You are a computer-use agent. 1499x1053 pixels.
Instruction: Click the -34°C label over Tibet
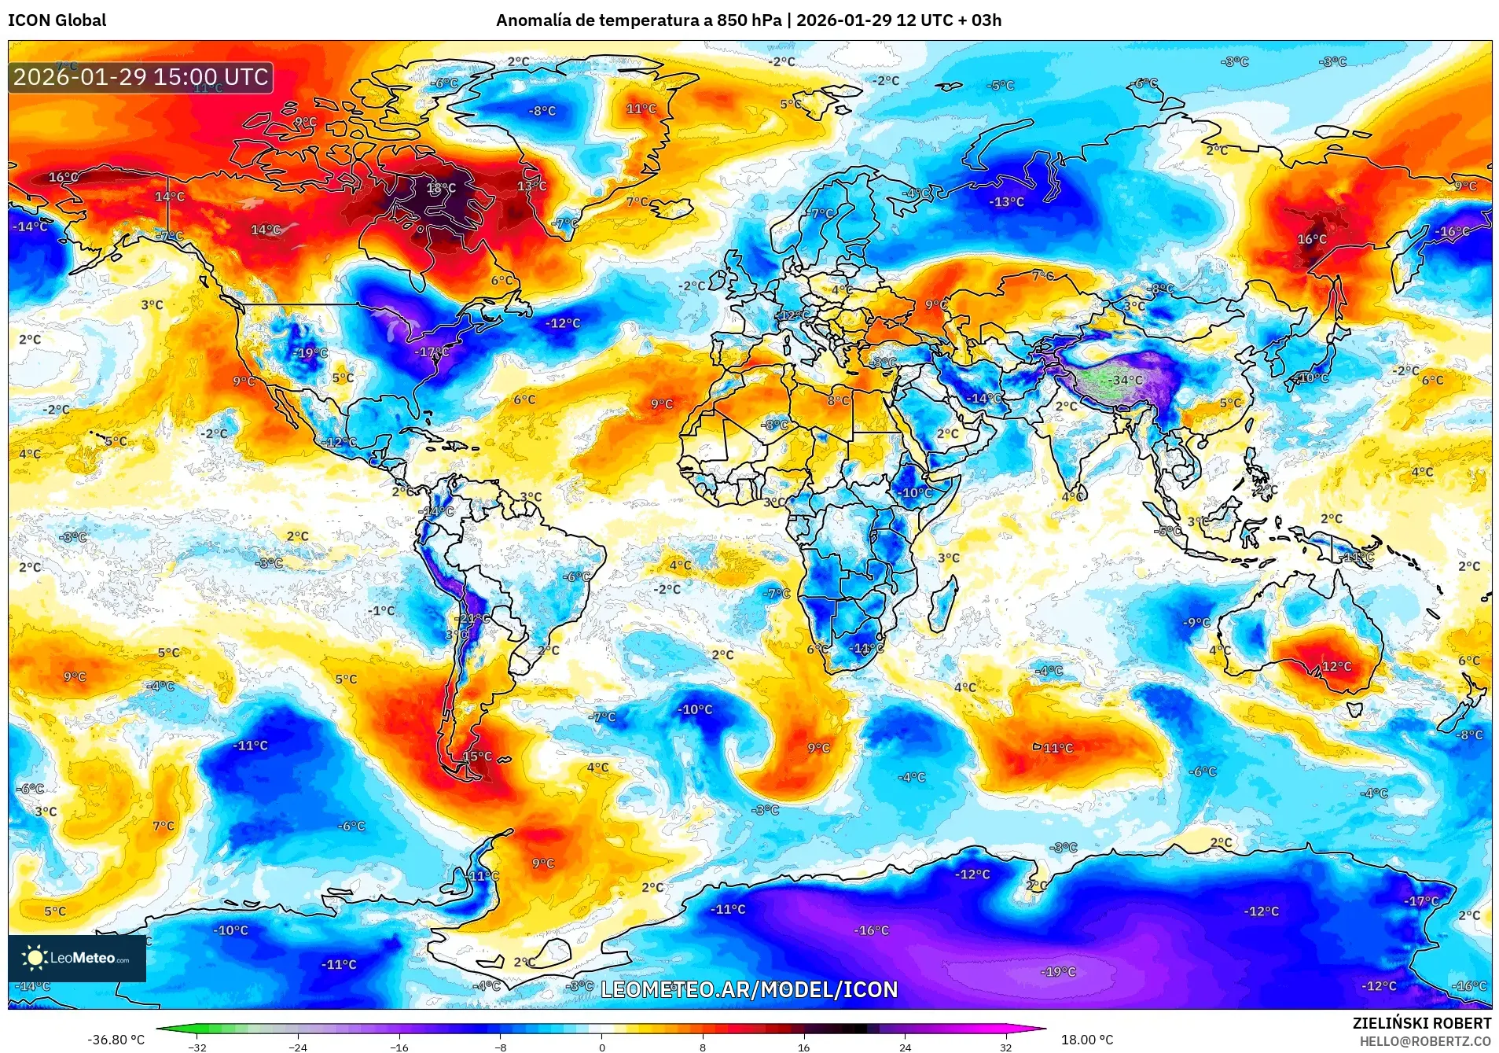coord(1126,380)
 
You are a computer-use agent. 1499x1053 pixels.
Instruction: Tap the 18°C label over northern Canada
coord(441,188)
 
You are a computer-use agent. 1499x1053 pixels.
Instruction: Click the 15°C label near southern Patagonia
coord(476,757)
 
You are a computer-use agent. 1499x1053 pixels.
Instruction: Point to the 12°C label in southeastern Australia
coord(1336,666)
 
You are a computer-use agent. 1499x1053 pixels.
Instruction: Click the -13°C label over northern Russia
coord(1006,202)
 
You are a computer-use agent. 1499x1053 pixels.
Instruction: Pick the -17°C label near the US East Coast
coord(432,352)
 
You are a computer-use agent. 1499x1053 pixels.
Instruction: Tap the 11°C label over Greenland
coord(641,109)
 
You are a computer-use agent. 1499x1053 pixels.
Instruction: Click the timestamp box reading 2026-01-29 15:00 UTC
coord(141,77)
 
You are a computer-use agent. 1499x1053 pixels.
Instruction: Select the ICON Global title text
coord(57,20)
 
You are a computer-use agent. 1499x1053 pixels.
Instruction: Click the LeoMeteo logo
coord(77,958)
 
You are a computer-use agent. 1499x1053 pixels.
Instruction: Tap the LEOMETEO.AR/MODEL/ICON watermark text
coord(748,989)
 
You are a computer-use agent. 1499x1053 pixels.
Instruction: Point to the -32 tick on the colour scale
coord(197,1047)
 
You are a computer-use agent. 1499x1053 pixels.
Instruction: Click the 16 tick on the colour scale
coord(803,1047)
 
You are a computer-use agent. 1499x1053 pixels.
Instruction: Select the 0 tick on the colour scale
coord(601,1047)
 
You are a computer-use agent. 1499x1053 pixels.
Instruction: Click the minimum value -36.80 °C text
coord(116,1040)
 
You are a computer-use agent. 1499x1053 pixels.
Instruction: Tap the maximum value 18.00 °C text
coord(1087,1040)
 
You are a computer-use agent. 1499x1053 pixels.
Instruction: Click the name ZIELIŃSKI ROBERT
coord(1421,1023)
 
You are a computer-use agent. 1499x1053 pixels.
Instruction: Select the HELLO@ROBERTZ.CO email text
coord(1425,1041)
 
